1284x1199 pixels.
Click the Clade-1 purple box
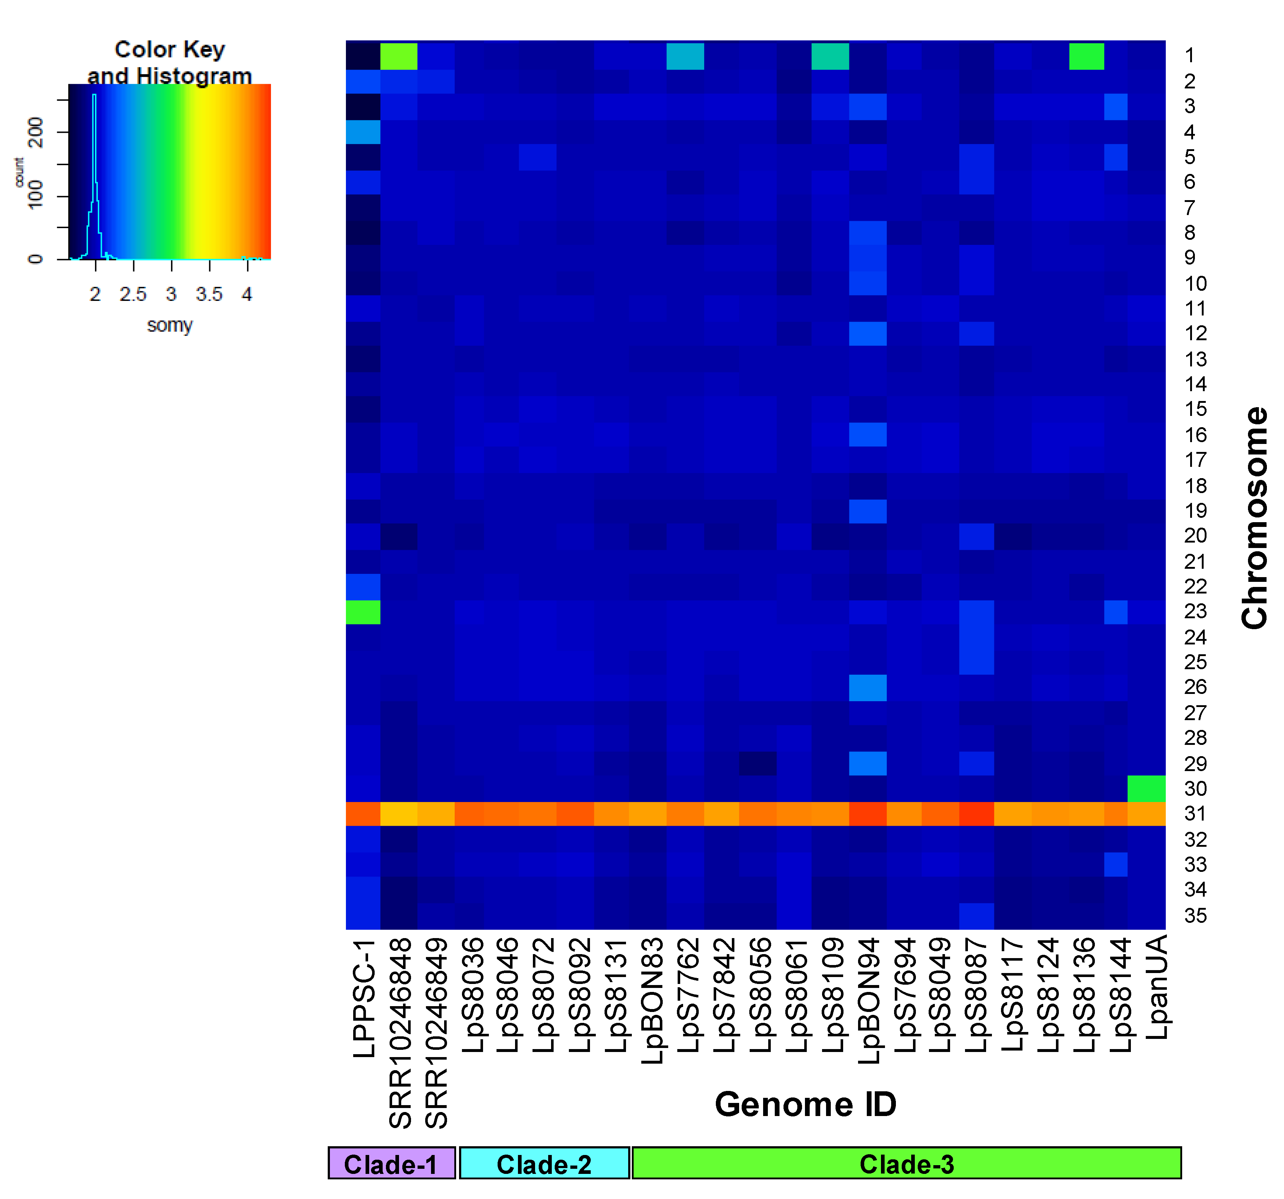click(x=391, y=1163)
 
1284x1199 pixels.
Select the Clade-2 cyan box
click(x=544, y=1163)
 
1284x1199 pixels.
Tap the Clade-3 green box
click(x=906, y=1163)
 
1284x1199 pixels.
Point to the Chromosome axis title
click(x=1254, y=517)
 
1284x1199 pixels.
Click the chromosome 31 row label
click(x=1195, y=813)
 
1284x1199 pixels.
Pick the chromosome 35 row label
click(x=1195, y=916)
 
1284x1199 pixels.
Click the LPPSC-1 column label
click(x=364, y=998)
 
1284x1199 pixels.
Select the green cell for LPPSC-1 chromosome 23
click(x=363, y=612)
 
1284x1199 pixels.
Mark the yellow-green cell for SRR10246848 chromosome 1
click(x=399, y=56)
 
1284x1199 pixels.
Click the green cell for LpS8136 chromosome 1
click(x=1086, y=56)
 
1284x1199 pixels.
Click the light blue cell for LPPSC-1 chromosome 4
click(x=363, y=132)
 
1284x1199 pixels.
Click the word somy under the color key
click(x=169, y=325)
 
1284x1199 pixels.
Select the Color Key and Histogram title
click(x=169, y=62)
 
